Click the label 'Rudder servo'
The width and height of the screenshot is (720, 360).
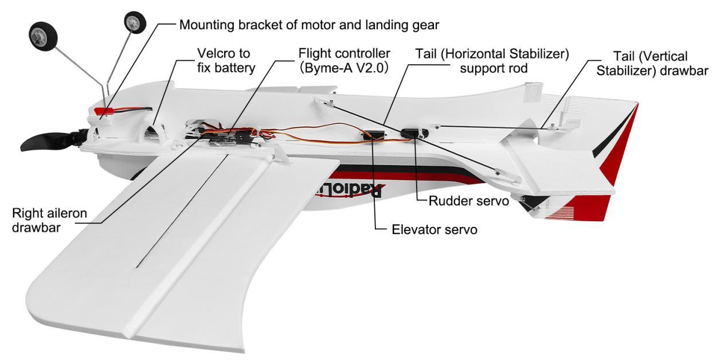[x=469, y=201]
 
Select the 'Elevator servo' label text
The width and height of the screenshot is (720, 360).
[x=434, y=230]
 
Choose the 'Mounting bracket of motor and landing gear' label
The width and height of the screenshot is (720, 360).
[x=309, y=26]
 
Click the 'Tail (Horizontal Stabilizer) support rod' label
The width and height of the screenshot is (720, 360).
[x=492, y=61]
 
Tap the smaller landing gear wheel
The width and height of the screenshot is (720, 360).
[x=135, y=22]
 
